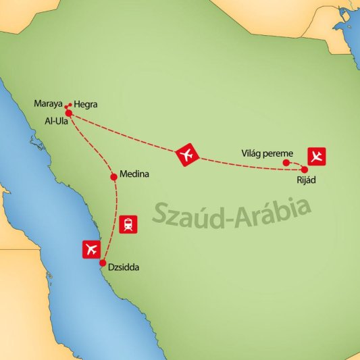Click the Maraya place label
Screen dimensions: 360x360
[x=48, y=104]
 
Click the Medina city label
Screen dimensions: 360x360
[x=134, y=174]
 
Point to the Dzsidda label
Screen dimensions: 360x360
[x=126, y=268]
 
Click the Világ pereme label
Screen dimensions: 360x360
[x=267, y=153]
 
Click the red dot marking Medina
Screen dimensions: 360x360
[x=113, y=178]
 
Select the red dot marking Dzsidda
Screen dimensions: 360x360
[x=103, y=263]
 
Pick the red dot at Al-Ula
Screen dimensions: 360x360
[x=69, y=113]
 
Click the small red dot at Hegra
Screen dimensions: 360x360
[x=70, y=104]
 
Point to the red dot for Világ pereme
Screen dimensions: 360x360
[x=286, y=163]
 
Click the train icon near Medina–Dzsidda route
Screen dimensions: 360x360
[x=128, y=224]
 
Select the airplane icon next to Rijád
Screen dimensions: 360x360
[x=316, y=155]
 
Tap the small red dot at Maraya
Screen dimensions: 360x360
[x=66, y=107]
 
